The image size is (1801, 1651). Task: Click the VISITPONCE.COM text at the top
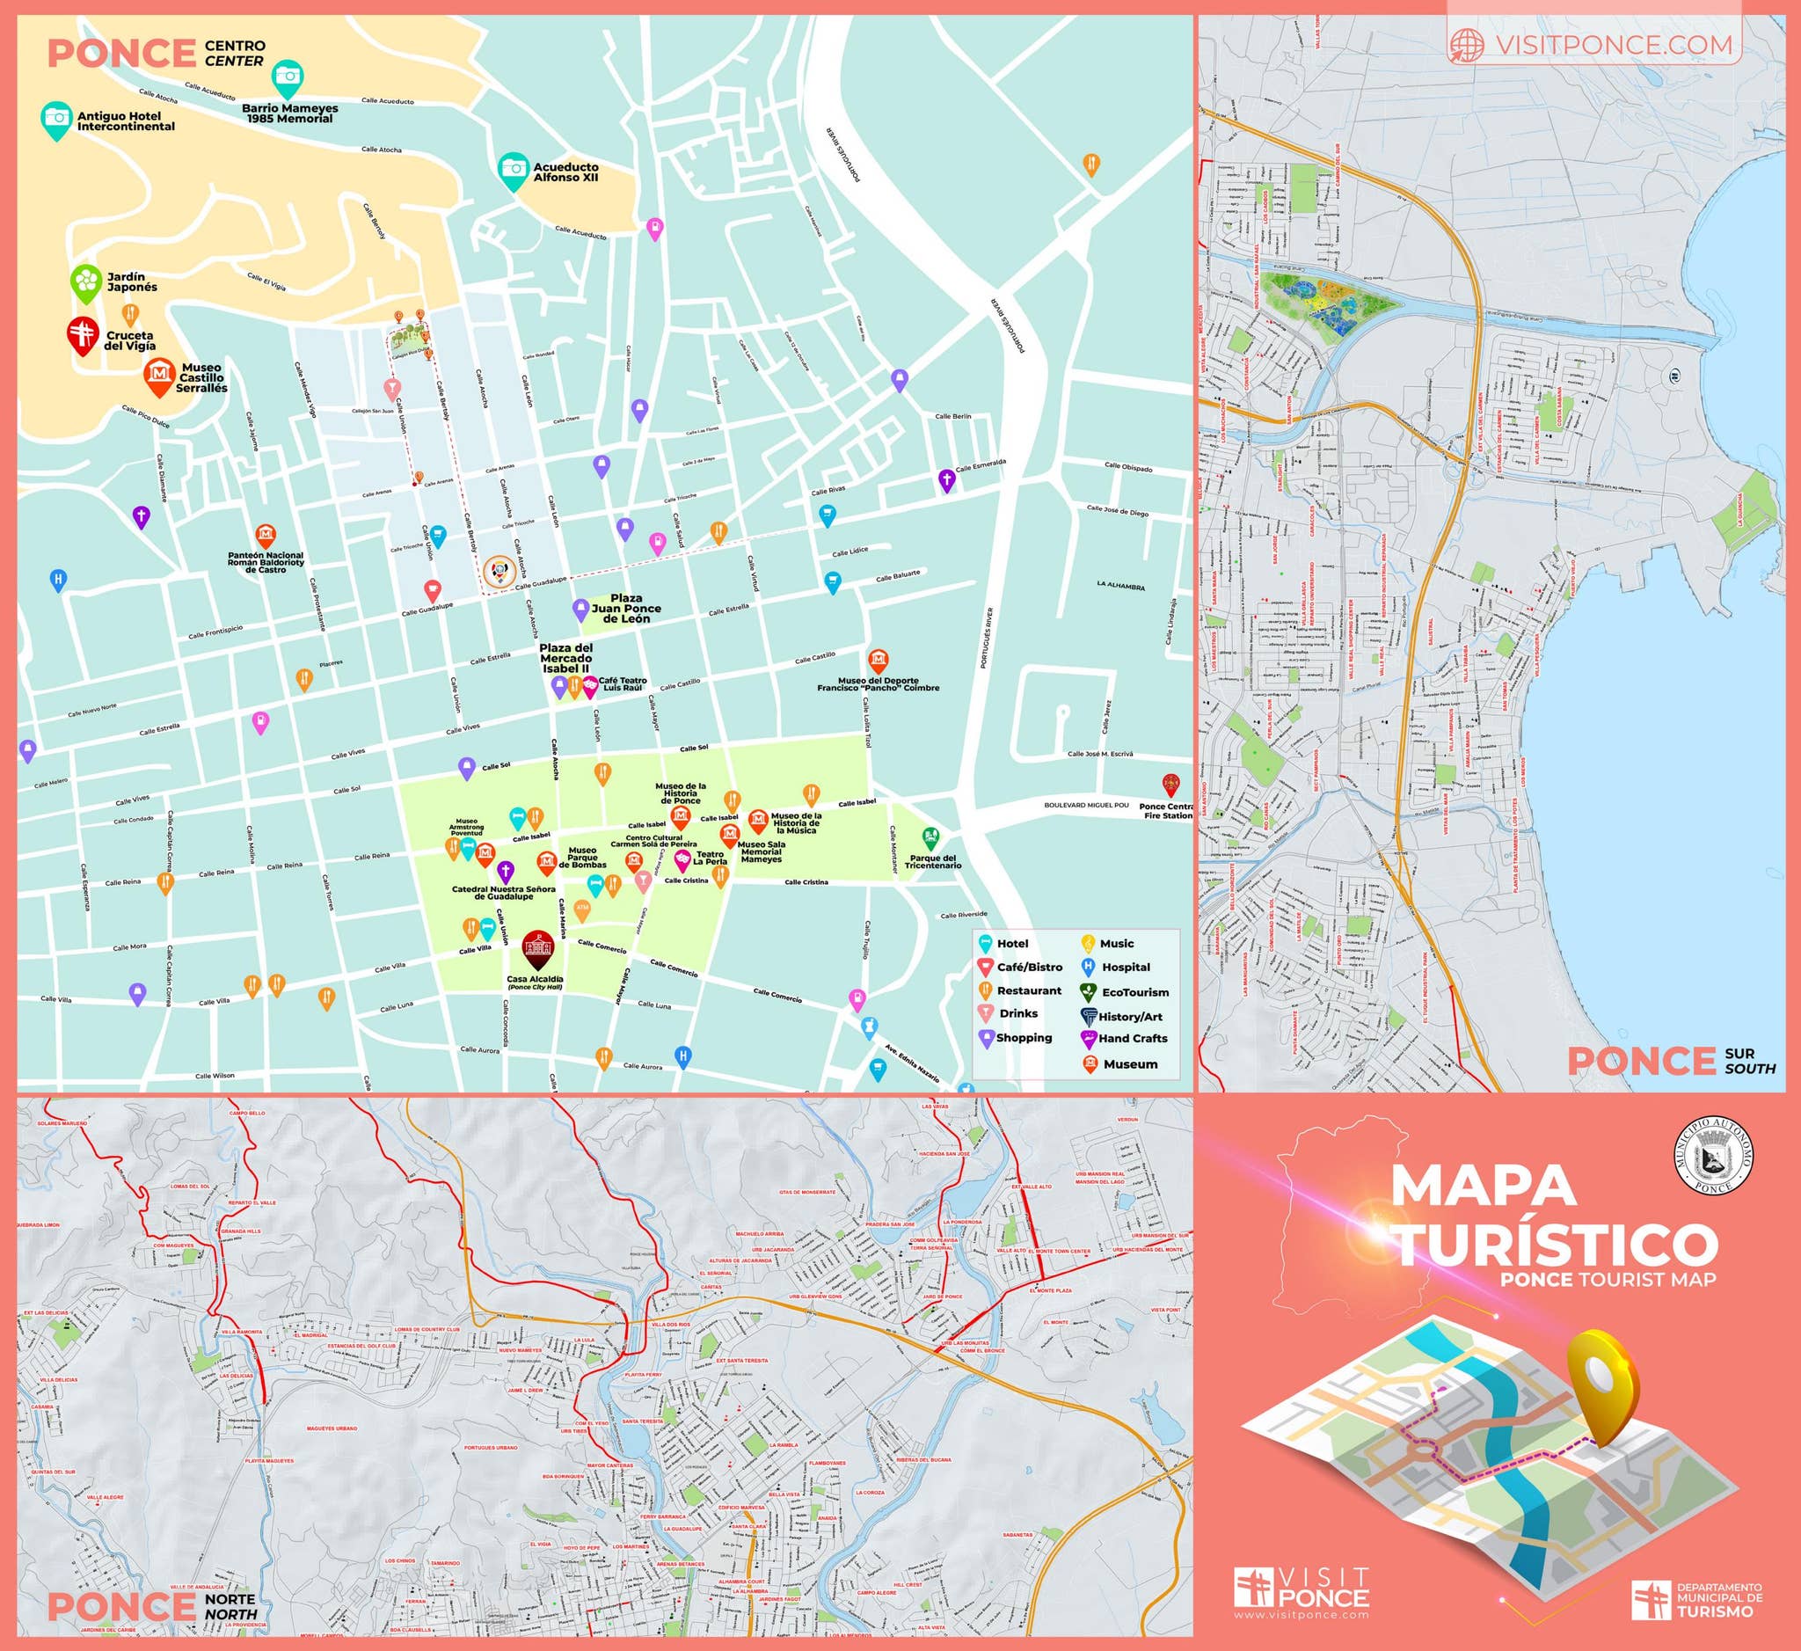click(1613, 44)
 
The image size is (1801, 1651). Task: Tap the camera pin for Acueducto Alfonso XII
click(513, 169)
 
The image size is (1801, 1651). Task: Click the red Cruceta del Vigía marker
click(84, 334)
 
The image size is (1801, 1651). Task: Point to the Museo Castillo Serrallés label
click(201, 378)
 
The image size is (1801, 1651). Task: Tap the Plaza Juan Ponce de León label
click(626, 609)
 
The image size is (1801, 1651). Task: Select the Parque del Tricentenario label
click(933, 861)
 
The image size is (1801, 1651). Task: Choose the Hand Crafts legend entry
click(1132, 1038)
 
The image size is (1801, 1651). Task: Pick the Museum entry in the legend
click(1129, 1064)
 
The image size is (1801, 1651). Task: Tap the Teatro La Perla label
click(711, 858)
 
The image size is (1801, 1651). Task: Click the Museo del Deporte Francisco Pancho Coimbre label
click(879, 684)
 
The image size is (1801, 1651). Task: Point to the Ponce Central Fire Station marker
click(1170, 785)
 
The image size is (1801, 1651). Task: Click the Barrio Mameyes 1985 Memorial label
click(290, 113)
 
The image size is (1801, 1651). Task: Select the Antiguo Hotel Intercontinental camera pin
click(56, 118)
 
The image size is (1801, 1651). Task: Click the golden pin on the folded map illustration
click(1605, 1388)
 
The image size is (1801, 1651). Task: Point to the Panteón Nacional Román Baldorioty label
click(266, 562)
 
